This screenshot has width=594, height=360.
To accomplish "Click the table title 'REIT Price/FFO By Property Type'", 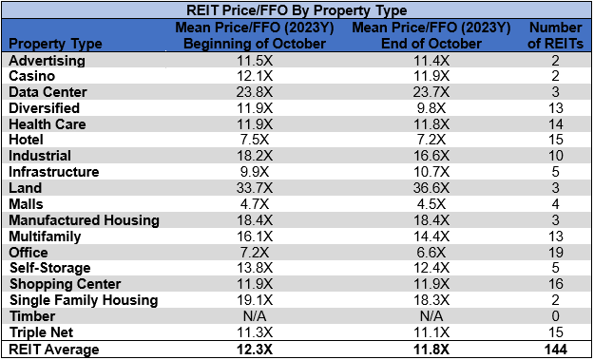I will pyautogui.click(x=296, y=11).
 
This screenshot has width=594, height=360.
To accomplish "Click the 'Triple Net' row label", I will pyautogui.click(x=42, y=332).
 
